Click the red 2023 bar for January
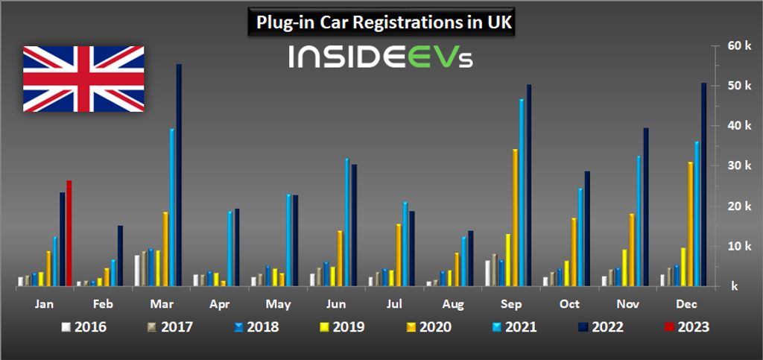pyautogui.click(x=69, y=233)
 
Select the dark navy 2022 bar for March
pyautogui.click(x=179, y=175)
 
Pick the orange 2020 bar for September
pyautogui.click(x=515, y=217)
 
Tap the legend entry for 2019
pyautogui.click(x=342, y=326)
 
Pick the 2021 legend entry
pyautogui.click(x=514, y=326)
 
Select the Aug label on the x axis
pyautogui.click(x=451, y=304)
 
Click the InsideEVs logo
pyautogui.click(x=381, y=57)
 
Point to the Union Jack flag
pyautogui.click(x=83, y=78)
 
